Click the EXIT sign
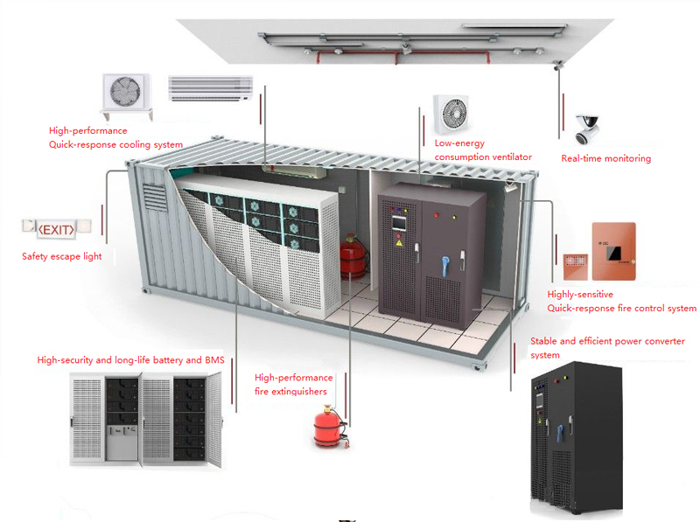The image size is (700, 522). (56, 229)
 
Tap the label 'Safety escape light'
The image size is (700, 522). (61, 256)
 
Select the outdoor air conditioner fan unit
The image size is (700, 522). (126, 96)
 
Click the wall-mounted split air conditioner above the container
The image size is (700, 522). (210, 88)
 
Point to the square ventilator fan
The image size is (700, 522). (451, 114)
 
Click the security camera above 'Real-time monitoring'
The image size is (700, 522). (586, 129)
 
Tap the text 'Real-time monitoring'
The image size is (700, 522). (605, 158)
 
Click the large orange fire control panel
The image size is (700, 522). (614, 251)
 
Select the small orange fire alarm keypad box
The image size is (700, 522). (576, 267)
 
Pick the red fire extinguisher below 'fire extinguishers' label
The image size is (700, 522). (331, 427)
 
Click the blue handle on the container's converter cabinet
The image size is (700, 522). (444, 266)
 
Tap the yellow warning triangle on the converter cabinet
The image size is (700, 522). (399, 243)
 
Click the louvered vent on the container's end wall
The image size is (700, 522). (155, 197)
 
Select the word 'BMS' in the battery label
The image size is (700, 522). (214, 360)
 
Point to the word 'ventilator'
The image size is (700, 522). (509, 157)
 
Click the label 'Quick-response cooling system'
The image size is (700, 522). (115, 144)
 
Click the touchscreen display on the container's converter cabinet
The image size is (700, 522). (397, 223)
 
